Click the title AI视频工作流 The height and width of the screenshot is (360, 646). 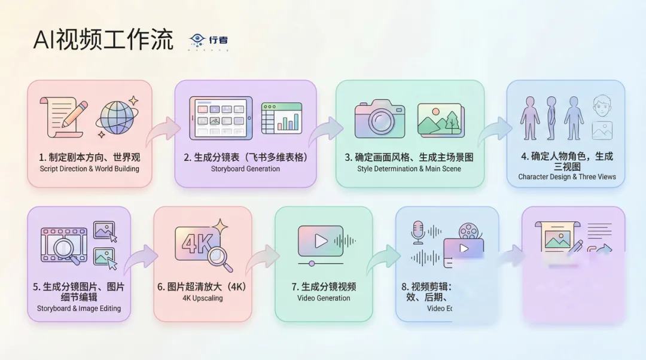point(103,40)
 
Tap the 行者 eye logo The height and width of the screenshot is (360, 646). point(197,40)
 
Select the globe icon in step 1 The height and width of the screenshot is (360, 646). point(118,117)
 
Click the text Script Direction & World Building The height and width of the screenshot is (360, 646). point(90,169)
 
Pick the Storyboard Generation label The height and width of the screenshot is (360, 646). point(245,169)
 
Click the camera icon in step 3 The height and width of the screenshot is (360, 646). point(379,118)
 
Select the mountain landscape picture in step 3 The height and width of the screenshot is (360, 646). point(440,120)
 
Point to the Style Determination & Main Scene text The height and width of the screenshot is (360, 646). point(409,169)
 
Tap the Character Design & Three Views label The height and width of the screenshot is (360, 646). point(566,177)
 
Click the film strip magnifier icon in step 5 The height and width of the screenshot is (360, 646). point(63,246)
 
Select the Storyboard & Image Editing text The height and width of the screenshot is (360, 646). point(79,309)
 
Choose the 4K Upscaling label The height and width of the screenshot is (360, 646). point(202,298)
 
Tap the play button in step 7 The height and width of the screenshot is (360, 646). point(321,240)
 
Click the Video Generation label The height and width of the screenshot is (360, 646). point(324,298)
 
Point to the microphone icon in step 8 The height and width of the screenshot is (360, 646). point(419,232)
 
